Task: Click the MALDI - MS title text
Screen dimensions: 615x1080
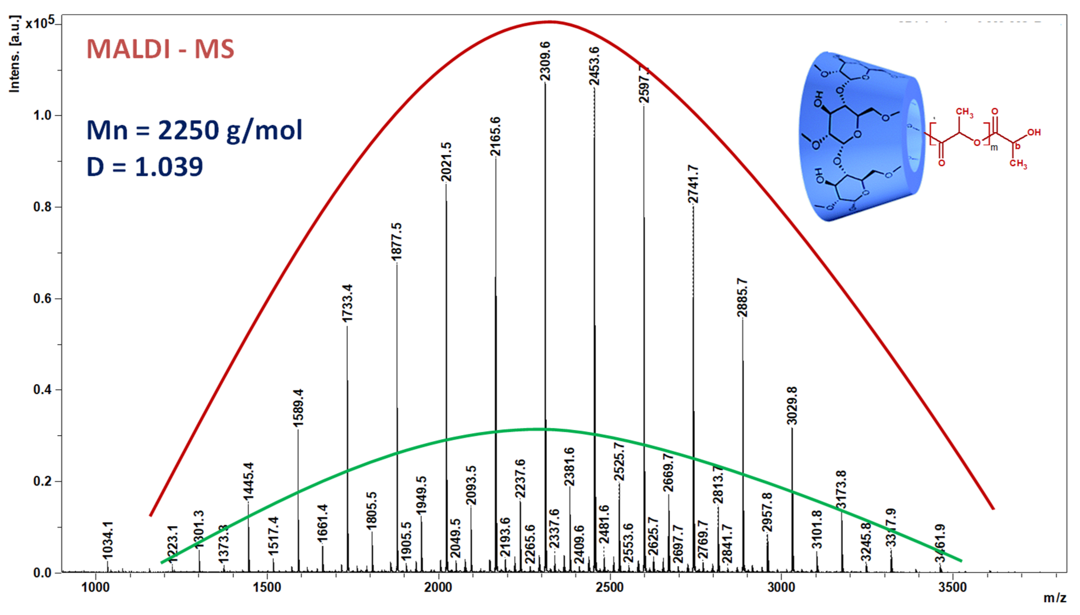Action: tap(160, 49)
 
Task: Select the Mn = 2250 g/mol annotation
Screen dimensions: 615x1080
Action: tap(194, 130)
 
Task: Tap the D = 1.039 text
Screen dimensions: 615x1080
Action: tap(145, 166)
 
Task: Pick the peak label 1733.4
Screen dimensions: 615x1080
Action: tap(347, 303)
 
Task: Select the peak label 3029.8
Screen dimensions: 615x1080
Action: tap(792, 405)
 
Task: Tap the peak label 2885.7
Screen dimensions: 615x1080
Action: tap(742, 297)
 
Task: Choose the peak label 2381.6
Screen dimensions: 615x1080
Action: tap(569, 467)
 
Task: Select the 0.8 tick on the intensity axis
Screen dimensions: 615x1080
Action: tap(42, 207)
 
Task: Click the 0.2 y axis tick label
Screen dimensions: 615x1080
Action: tap(42, 481)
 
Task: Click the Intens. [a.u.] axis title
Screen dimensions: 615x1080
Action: tap(14, 54)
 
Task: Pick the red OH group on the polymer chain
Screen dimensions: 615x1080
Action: tap(1034, 133)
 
